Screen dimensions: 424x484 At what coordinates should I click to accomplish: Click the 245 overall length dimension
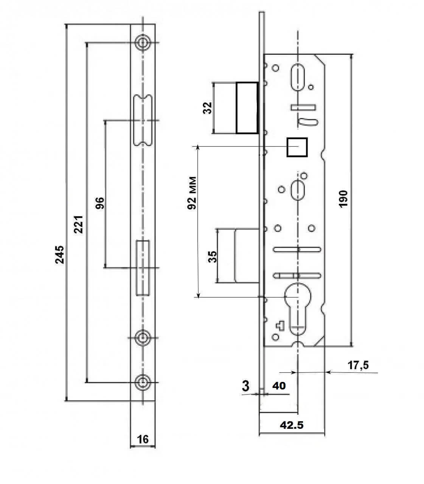point(60,255)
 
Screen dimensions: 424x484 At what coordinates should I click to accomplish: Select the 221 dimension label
point(79,225)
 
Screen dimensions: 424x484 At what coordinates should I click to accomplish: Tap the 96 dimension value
point(99,203)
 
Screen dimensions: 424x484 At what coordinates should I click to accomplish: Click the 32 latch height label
point(208,108)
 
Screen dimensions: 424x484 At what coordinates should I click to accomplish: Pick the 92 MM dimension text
point(192,193)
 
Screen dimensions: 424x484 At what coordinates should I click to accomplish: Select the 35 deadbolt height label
point(213,257)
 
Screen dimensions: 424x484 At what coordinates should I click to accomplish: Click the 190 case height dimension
point(343,199)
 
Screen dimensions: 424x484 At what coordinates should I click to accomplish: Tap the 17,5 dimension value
point(358,365)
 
